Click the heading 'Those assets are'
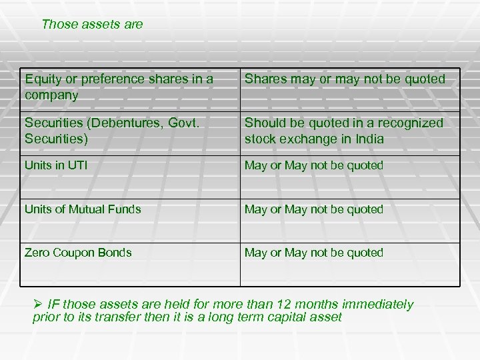coord(92,25)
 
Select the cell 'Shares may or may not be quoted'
coord(345,79)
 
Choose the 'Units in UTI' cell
coord(56,165)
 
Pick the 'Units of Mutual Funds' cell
coord(83,209)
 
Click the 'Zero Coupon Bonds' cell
coord(78,253)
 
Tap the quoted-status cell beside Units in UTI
coord(314,165)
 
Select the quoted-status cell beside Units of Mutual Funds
coord(314,209)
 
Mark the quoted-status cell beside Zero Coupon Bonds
coord(314,253)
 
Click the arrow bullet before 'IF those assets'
coord(38,305)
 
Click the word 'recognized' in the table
coord(408,123)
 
